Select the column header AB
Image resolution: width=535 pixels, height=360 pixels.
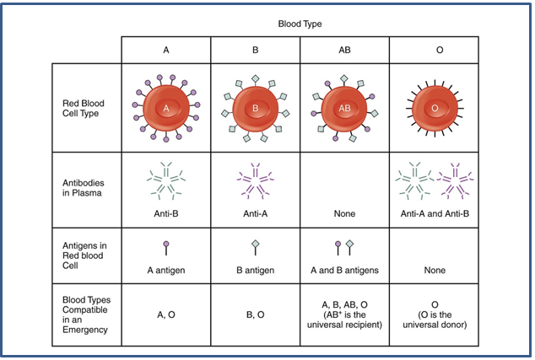coord(344,50)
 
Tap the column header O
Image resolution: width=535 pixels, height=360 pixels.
coord(434,50)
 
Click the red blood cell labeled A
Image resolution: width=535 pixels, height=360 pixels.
coord(165,108)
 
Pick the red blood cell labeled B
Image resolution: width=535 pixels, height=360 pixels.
coord(255,108)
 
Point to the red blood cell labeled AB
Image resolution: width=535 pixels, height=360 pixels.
coord(344,108)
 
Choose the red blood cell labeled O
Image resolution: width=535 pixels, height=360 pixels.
coord(434,108)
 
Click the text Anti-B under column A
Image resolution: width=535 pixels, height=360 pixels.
coord(165,214)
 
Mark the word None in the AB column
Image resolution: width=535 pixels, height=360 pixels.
coord(344,214)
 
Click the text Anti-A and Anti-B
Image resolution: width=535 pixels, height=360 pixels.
coord(434,214)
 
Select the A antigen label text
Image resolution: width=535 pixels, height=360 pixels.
coord(165,272)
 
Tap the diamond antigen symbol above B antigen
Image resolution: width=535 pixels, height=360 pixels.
coord(255,247)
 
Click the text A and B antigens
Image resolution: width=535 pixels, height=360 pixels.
coord(344,272)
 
